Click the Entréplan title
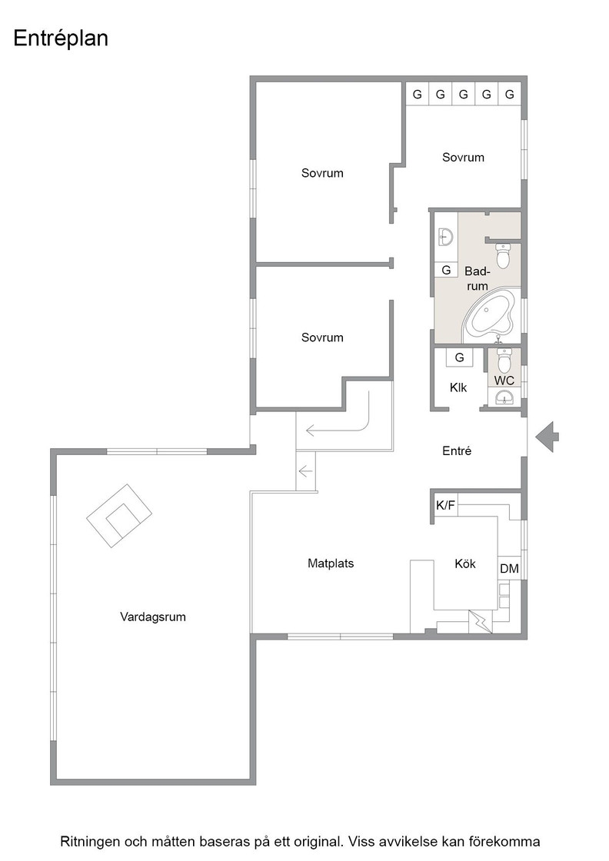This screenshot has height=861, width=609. click(61, 39)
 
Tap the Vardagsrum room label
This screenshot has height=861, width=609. click(153, 617)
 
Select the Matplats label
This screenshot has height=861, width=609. click(331, 563)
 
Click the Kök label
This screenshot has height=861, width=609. click(465, 563)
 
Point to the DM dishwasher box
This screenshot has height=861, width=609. click(509, 569)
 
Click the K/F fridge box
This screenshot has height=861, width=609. click(445, 505)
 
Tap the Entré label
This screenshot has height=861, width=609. click(457, 450)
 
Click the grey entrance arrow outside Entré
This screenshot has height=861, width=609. click(547, 437)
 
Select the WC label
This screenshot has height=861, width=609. click(504, 381)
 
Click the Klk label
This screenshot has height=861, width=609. click(458, 387)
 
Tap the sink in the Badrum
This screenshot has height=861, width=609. click(444, 238)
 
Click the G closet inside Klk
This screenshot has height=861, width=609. click(460, 357)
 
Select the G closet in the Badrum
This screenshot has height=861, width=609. click(446, 270)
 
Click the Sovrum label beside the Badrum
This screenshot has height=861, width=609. click(463, 158)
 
